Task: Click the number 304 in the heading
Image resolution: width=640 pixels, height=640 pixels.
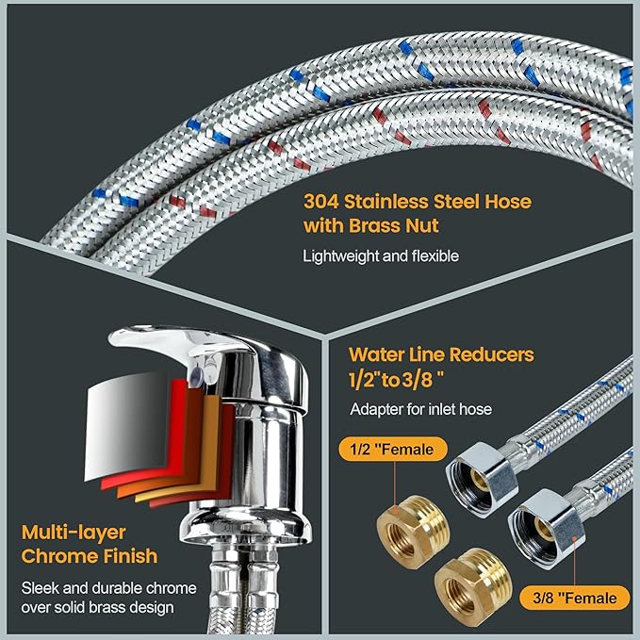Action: [322, 202]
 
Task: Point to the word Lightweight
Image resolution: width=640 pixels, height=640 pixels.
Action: [340, 255]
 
